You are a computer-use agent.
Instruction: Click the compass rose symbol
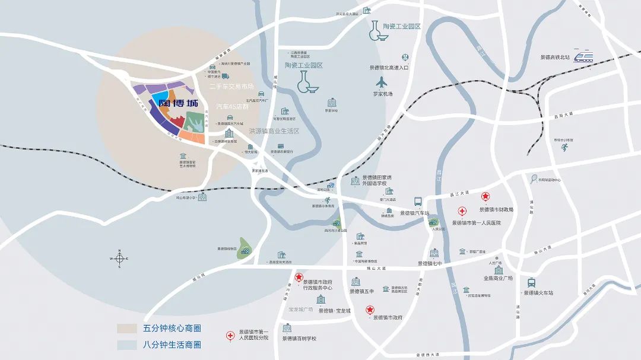(119, 259)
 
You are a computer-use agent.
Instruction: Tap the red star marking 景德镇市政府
(370, 309)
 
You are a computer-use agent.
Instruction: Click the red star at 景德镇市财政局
(485, 197)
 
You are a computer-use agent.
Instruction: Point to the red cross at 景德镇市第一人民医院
(462, 211)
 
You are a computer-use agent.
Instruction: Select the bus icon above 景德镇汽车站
(418, 202)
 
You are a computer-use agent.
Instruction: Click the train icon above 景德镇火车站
(531, 282)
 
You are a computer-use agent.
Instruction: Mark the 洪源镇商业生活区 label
(274, 131)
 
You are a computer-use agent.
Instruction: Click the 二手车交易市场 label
(231, 87)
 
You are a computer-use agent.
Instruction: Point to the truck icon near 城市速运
(226, 76)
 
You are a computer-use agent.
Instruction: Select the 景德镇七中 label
(430, 263)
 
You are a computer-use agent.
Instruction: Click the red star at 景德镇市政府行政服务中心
(299, 277)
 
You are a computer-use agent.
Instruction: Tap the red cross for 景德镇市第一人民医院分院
(230, 336)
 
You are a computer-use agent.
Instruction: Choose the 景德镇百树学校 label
(299, 339)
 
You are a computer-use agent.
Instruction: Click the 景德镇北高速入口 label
(389, 68)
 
